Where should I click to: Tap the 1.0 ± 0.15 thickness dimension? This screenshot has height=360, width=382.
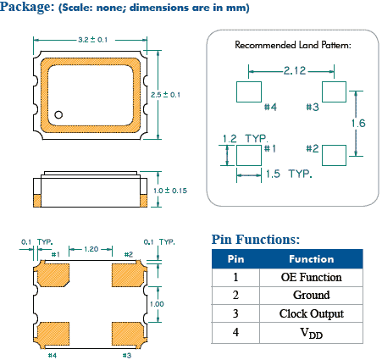pos(170,191)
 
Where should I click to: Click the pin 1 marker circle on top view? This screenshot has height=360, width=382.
pos(60,114)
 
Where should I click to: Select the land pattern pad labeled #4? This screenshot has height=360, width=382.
pos(248,91)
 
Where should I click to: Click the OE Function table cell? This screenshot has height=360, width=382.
pos(311,277)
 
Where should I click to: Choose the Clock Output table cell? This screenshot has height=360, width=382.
pos(311,314)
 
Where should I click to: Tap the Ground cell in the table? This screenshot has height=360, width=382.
pos(311,296)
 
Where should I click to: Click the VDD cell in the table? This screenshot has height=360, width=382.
pos(311,333)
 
